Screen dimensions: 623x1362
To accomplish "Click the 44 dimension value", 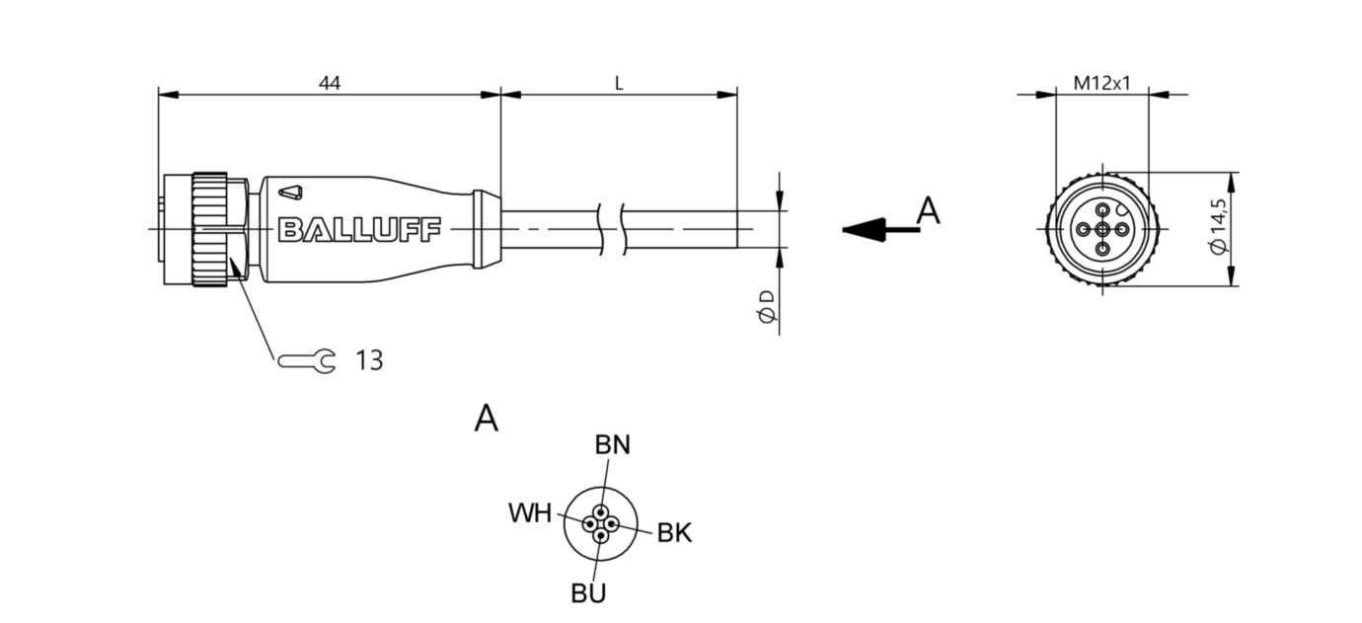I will pyautogui.click(x=330, y=84).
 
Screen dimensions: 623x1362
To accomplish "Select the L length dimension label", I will pyautogui.click(x=619, y=84).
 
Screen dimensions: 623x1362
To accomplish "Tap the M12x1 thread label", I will pyautogui.click(x=1101, y=84).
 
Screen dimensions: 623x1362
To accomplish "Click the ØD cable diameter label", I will pyautogui.click(x=766, y=307).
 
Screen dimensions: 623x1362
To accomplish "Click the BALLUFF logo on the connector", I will pyautogui.click(x=359, y=229).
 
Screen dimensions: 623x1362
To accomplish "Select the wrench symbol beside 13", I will pyautogui.click(x=307, y=361).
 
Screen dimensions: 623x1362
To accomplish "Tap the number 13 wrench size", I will pyautogui.click(x=368, y=361).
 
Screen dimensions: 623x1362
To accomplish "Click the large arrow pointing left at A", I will pyautogui.click(x=869, y=229).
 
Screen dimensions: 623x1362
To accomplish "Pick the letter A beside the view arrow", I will pyautogui.click(x=928, y=211).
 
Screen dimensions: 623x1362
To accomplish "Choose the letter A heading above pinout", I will pyautogui.click(x=486, y=419).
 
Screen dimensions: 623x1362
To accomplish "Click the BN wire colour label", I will pyautogui.click(x=612, y=445).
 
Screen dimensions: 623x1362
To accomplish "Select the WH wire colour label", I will pyautogui.click(x=530, y=512).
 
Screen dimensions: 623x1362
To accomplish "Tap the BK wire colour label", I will pyautogui.click(x=674, y=534).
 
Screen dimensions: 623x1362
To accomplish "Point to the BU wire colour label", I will pyautogui.click(x=588, y=593).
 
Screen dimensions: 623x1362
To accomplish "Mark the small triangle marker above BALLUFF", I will pyautogui.click(x=292, y=191).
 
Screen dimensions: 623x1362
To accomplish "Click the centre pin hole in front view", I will pyautogui.click(x=1101, y=229).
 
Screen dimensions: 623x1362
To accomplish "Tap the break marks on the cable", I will pyautogui.click(x=612, y=229).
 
